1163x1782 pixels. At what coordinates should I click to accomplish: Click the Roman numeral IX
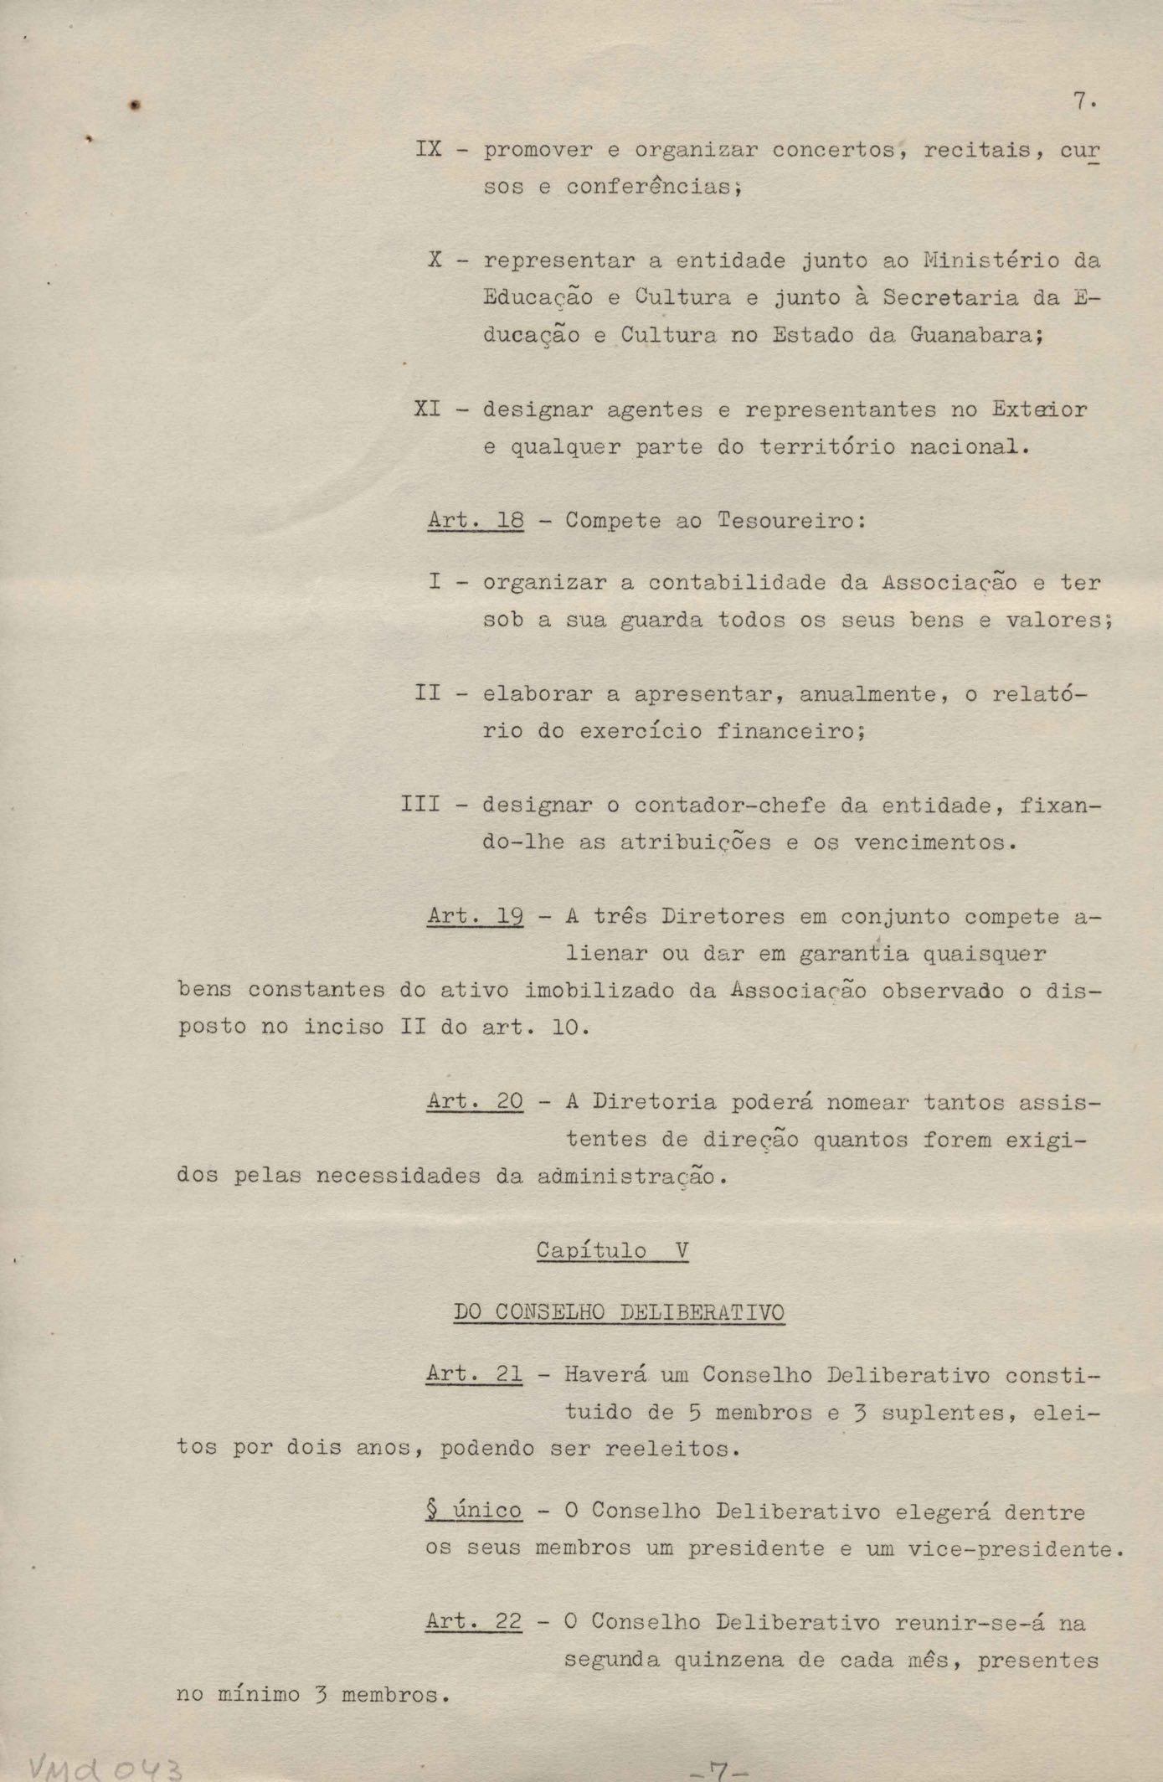point(428,151)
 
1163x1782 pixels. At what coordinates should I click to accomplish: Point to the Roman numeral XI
point(428,409)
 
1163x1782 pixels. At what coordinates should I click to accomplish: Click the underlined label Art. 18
point(476,520)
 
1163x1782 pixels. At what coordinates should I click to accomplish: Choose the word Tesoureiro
point(786,520)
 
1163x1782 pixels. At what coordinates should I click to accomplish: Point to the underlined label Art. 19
point(476,916)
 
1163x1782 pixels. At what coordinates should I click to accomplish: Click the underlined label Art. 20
point(476,1102)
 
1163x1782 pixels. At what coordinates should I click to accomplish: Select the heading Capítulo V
point(612,1251)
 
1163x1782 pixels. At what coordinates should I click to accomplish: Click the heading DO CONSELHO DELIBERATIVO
point(619,1312)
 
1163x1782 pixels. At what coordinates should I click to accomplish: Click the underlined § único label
point(474,1512)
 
